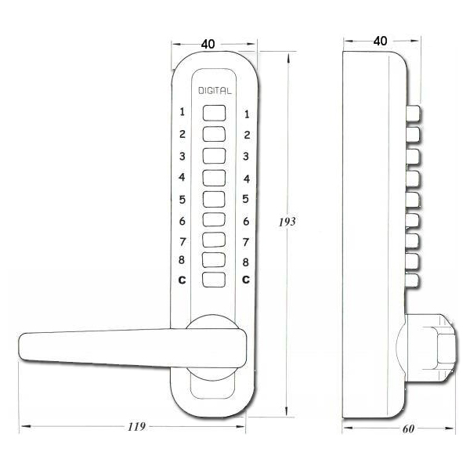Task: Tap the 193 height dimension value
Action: [x=287, y=222]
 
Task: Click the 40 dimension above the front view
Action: [x=208, y=44]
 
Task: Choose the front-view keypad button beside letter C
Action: [x=214, y=280]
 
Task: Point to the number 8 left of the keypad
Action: [x=183, y=261]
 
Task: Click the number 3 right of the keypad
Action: [x=246, y=156]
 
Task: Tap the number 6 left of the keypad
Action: [x=183, y=219]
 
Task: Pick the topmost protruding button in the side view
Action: [x=414, y=114]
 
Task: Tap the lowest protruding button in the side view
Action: [x=414, y=279]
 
